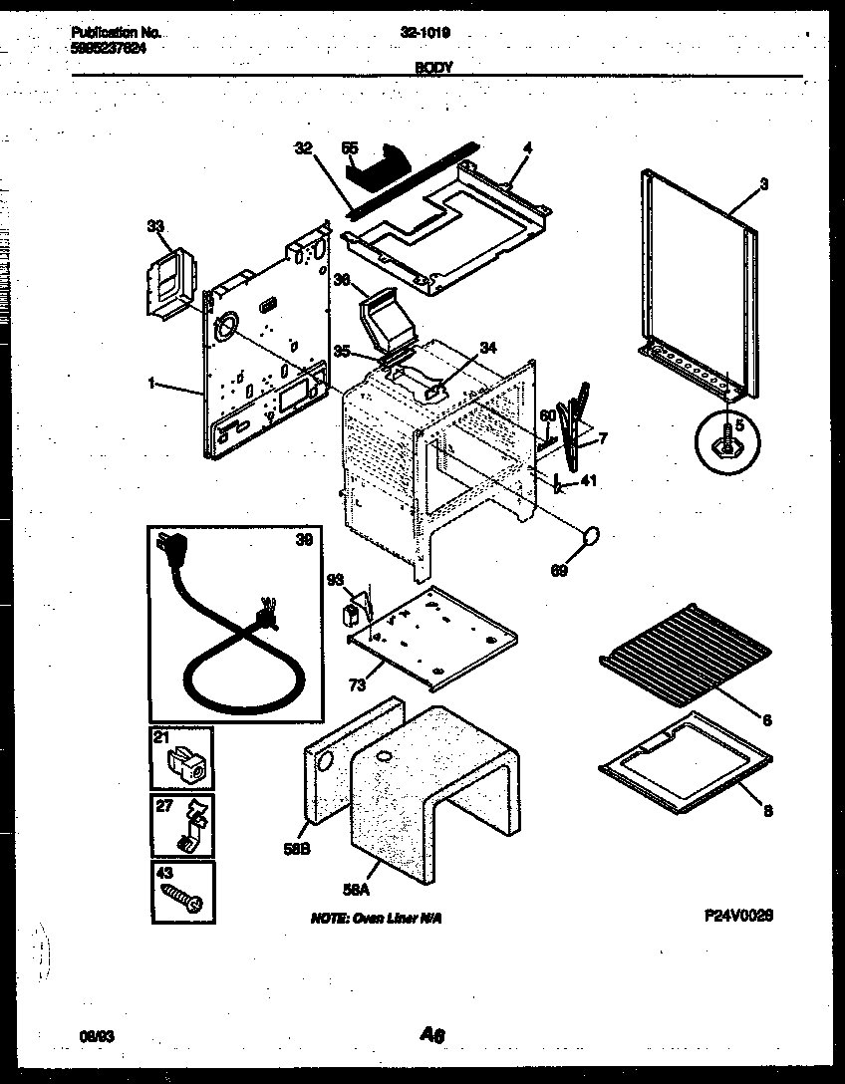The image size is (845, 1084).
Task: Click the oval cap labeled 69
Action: (x=591, y=538)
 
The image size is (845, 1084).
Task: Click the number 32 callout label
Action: (x=303, y=147)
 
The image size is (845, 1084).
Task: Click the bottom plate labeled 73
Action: (x=433, y=638)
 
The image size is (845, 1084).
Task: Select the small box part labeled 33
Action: (x=166, y=285)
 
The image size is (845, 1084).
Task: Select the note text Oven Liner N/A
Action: (x=376, y=918)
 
